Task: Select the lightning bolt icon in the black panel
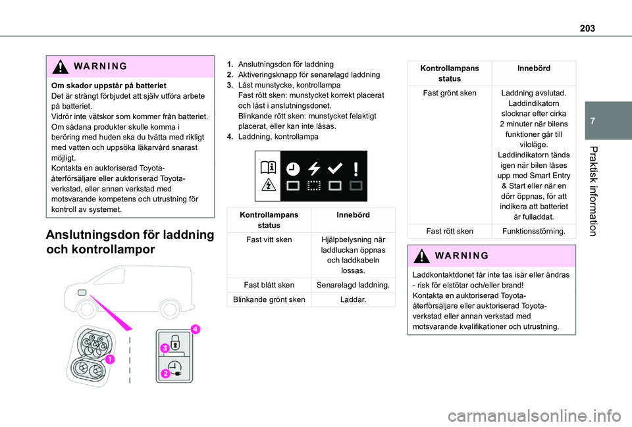click(x=314, y=168)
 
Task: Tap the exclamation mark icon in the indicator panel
click(x=355, y=168)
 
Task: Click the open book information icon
click(x=268, y=168)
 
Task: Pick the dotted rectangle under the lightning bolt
click(x=314, y=186)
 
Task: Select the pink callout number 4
click(x=195, y=328)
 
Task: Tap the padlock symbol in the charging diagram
click(x=176, y=342)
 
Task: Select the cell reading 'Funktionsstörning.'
click(x=533, y=231)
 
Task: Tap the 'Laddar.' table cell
click(x=354, y=299)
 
